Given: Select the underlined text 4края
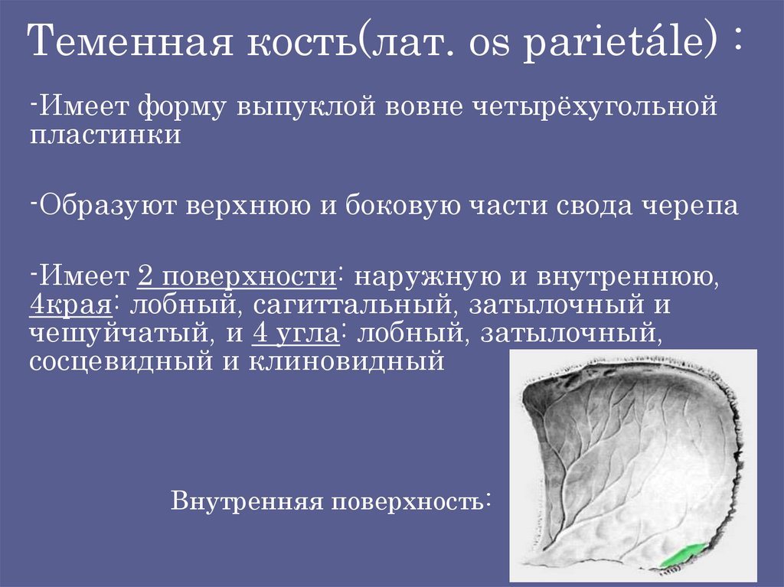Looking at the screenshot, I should [71, 305].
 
